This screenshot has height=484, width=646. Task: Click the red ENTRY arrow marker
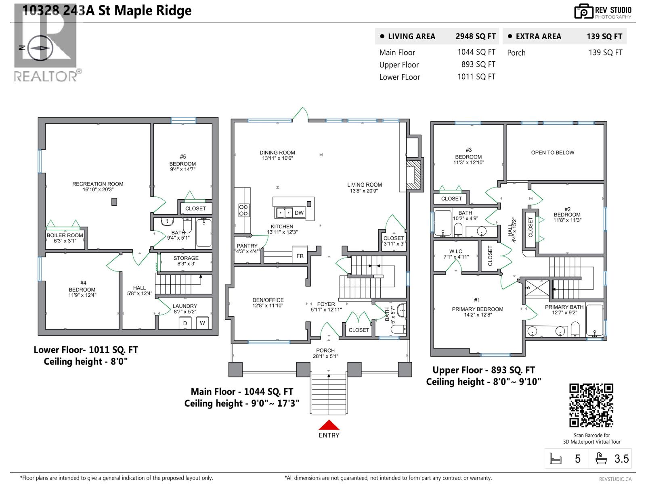(329, 425)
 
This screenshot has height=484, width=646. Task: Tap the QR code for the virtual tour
(591, 405)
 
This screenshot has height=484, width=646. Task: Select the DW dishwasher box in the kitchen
(299, 213)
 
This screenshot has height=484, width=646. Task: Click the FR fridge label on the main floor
(300, 256)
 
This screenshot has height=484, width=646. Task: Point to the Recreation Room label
(98, 186)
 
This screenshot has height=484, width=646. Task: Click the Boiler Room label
(65, 238)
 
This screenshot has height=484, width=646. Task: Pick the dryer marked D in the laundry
(185, 323)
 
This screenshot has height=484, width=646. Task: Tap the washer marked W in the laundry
(202, 323)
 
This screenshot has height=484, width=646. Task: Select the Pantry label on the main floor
(247, 248)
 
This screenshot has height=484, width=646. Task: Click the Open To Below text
(552, 152)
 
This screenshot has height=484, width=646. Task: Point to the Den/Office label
(268, 302)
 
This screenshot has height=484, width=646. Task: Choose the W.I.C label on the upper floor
(455, 254)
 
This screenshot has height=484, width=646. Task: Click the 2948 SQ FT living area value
(476, 36)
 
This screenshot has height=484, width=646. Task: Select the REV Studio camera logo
(583, 11)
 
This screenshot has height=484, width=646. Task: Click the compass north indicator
(39, 48)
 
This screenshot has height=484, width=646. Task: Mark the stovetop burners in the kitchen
(243, 210)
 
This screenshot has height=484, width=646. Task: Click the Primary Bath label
(564, 309)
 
